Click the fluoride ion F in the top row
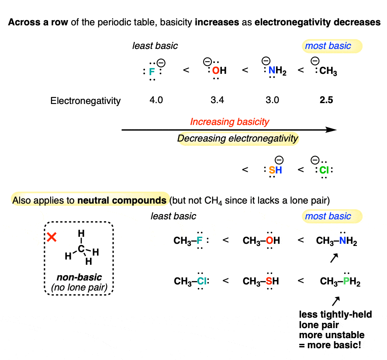pyautogui.click(x=152, y=70)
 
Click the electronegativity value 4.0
pyautogui.click(x=156, y=100)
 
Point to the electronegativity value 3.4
pyautogui.click(x=217, y=100)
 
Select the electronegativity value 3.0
pyautogui.click(x=273, y=100)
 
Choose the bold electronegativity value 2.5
pyautogui.click(x=326, y=100)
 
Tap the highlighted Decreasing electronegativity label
pyautogui.click(x=238, y=139)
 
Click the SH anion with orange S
pyautogui.click(x=275, y=170)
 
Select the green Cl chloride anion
pyautogui.click(x=323, y=170)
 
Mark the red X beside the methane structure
pyautogui.click(x=52, y=237)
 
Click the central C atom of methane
pyautogui.click(x=81, y=249)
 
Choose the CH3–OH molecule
pyautogui.click(x=261, y=240)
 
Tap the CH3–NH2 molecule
pyautogui.click(x=336, y=241)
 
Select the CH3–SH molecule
pyautogui.click(x=261, y=281)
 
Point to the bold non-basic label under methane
pyautogui.click(x=79, y=278)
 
